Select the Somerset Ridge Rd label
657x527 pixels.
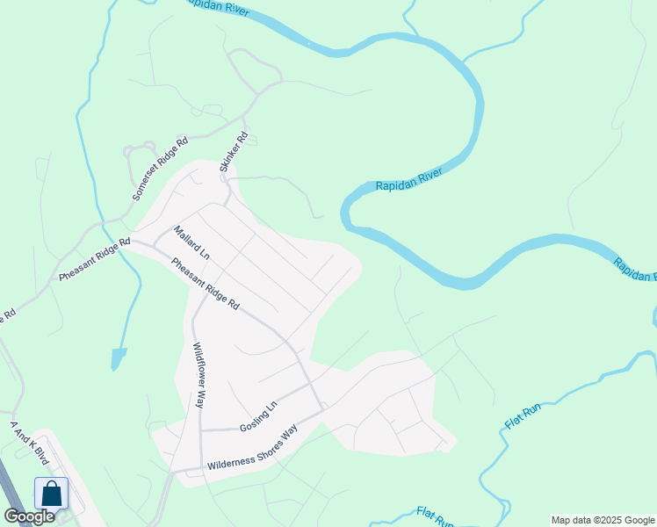[160, 170]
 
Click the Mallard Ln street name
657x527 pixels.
[191, 243]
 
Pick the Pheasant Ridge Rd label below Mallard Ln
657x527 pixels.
[206, 284]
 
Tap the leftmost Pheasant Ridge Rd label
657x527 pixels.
[94, 260]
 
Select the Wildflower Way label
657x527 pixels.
[199, 375]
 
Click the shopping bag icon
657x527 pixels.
[52, 493]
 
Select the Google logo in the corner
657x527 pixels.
[29, 516]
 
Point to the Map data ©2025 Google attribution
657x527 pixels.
[603, 520]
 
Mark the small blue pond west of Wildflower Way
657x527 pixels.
[118, 358]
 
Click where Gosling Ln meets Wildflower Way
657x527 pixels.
[201, 430]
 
